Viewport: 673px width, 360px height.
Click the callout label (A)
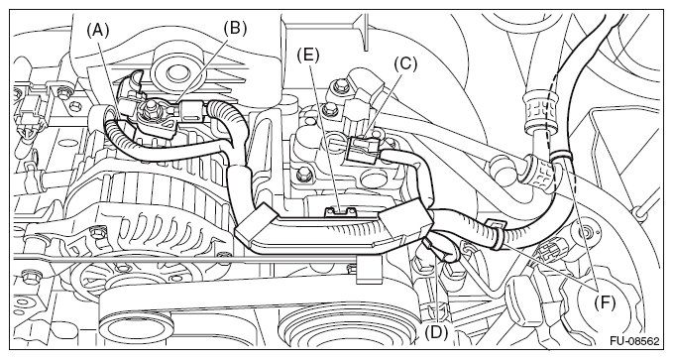coord(98,32)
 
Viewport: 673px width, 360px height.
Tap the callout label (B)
coord(236,28)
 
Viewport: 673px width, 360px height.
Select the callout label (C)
coord(405,64)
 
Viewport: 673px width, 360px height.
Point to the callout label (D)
coord(436,331)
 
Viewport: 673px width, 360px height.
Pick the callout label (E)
coord(308,55)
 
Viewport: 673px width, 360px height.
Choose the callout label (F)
coord(605,303)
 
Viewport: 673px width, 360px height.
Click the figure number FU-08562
coord(634,341)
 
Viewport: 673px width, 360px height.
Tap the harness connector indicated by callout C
coord(364,149)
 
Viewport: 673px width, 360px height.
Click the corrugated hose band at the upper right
coord(540,109)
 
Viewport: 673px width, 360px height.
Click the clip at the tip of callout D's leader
coord(430,246)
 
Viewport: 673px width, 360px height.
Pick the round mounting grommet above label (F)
coord(585,233)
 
